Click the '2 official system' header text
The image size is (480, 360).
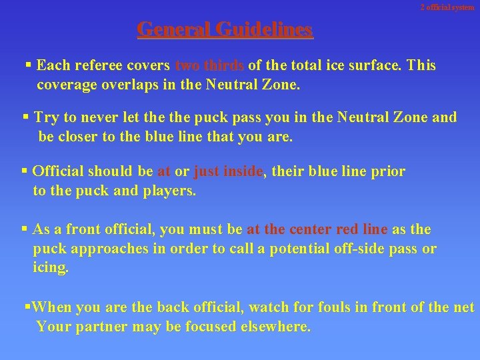pyautogui.click(x=447, y=7)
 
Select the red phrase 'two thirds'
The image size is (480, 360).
pyautogui.click(x=210, y=65)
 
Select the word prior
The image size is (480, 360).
pyautogui.click(x=387, y=171)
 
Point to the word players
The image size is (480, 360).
pyautogui.click(x=170, y=191)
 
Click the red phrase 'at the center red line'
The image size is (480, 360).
pyautogui.click(x=317, y=229)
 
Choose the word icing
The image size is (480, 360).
pyautogui.click(x=50, y=269)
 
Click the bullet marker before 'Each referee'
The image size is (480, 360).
pyautogui.click(x=28, y=65)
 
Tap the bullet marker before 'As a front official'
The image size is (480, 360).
pyautogui.click(x=25, y=229)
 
